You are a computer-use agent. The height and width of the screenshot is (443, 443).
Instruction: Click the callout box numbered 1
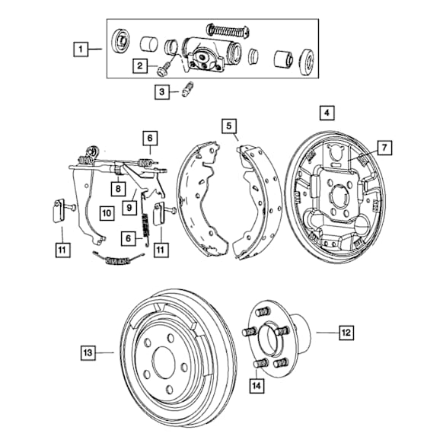click(x=81, y=49)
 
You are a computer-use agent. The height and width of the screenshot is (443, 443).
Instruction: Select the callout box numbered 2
click(x=140, y=65)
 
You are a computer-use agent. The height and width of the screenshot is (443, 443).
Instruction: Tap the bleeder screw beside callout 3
click(x=186, y=89)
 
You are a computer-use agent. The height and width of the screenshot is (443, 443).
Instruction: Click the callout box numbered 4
click(x=327, y=113)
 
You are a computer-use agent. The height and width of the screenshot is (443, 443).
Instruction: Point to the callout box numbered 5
click(x=229, y=126)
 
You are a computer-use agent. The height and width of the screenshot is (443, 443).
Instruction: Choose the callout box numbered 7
click(x=384, y=148)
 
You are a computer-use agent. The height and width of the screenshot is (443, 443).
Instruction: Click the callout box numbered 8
click(x=118, y=188)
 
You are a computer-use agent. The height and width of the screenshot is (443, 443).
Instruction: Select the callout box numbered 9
click(x=129, y=208)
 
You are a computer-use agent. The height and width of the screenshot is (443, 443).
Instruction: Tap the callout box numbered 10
click(x=107, y=213)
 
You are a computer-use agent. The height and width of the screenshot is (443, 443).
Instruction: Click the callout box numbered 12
click(x=346, y=333)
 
